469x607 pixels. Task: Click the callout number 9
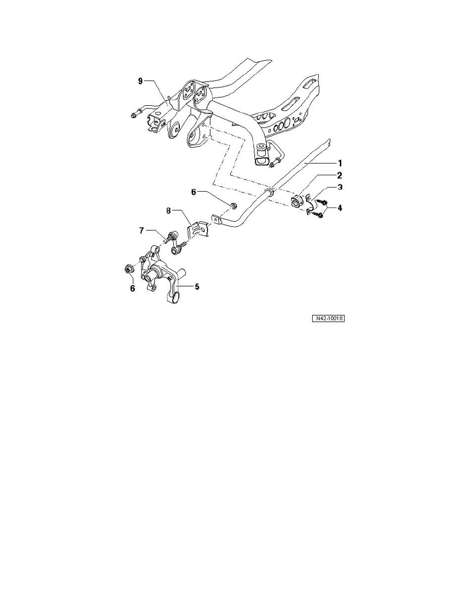tap(140, 81)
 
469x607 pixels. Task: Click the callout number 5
tap(197, 287)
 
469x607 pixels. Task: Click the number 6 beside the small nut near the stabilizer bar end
tap(194, 192)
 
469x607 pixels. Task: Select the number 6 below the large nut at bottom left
tap(132, 289)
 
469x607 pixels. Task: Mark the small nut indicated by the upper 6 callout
tap(232, 206)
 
